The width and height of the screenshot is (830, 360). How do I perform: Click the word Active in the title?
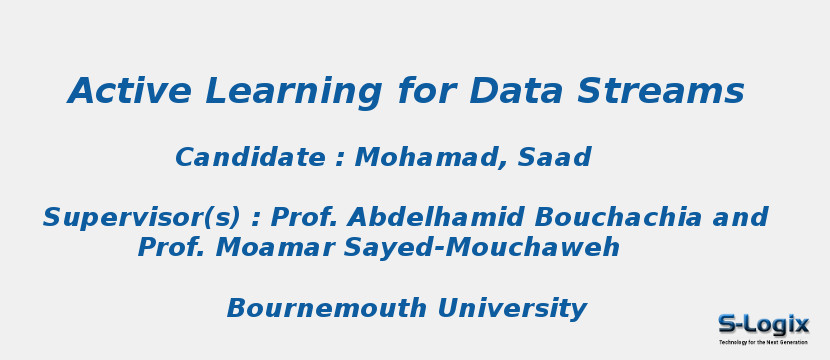129,91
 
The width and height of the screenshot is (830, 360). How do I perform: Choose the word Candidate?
250,158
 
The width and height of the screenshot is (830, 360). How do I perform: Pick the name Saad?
554,158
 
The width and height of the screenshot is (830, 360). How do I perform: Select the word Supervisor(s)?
141,218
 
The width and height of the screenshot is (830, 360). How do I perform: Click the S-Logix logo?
763,324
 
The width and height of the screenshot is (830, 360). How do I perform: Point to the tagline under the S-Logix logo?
763,342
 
